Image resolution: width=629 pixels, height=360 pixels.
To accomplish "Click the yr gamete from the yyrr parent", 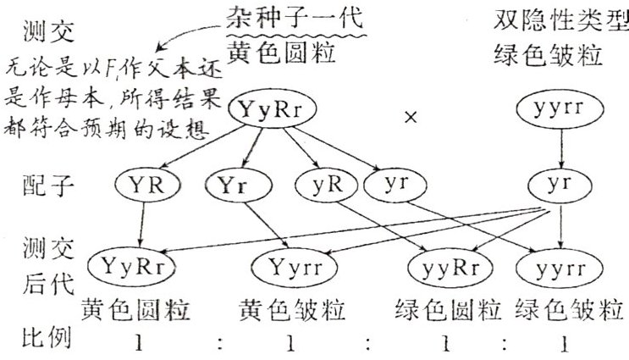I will coord(556,185).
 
